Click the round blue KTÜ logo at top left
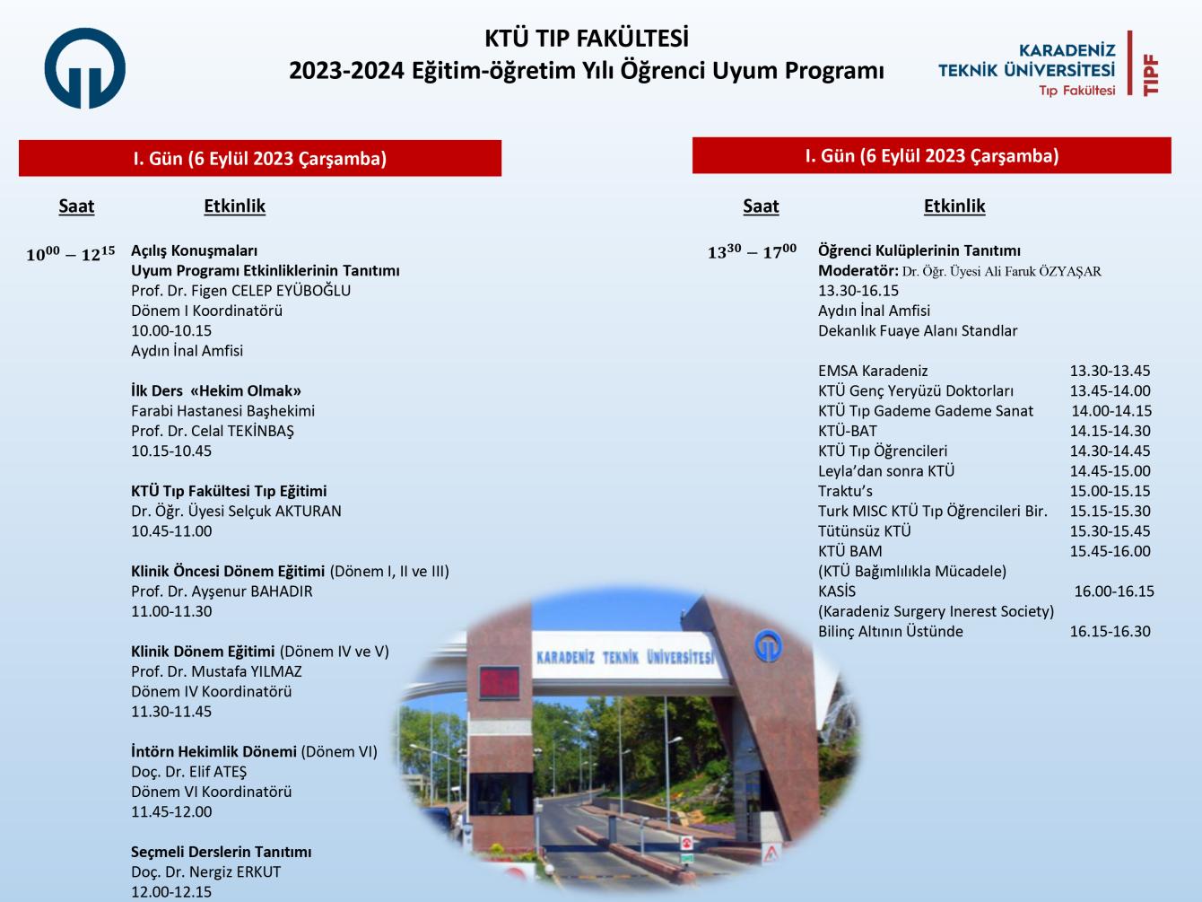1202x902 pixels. pyautogui.click(x=85, y=68)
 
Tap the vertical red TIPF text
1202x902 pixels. pyautogui.click(x=1151, y=75)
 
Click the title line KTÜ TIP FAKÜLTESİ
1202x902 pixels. pyautogui.click(x=587, y=39)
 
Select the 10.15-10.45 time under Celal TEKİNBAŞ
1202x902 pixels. pyautogui.click(x=170, y=451)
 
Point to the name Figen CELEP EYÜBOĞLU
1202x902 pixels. pyautogui.click(x=271, y=290)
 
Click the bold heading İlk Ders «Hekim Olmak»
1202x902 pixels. pyautogui.click(x=216, y=390)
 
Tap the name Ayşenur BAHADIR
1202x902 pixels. pyautogui.click(x=252, y=591)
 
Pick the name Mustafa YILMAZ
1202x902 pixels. pyautogui.click(x=247, y=671)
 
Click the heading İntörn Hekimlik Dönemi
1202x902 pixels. pyautogui.click(x=213, y=751)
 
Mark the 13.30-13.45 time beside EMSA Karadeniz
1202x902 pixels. pyautogui.click(x=1110, y=371)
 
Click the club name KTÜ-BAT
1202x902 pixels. pyautogui.click(x=847, y=431)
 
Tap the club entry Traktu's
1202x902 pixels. pyautogui.click(x=845, y=491)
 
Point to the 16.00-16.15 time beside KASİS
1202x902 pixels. pyautogui.click(x=1114, y=591)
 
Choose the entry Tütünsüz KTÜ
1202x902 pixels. pyautogui.click(x=864, y=531)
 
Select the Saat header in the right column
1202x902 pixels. pyautogui.click(x=761, y=206)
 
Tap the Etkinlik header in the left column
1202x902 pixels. pyautogui.click(x=234, y=206)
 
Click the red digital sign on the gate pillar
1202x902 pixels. pyautogui.click(x=500, y=682)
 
